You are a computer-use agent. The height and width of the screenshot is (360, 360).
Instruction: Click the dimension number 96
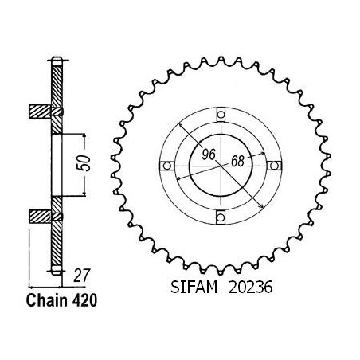pos(209,155)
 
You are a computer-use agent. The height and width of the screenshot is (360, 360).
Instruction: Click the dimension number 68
pos(237,161)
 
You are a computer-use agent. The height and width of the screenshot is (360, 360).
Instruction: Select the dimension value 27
pos(82,276)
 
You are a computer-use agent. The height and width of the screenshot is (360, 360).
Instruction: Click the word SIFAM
pos(194,288)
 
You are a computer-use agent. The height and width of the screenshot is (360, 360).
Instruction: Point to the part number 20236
pos(250,288)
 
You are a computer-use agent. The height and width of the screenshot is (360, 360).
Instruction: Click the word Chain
pos(47,301)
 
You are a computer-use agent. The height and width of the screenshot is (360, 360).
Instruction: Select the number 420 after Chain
pos(84,301)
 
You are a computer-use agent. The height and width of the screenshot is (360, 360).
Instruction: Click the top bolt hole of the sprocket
pos(221,115)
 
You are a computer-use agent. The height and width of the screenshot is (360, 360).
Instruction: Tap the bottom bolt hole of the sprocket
pos(221,217)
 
